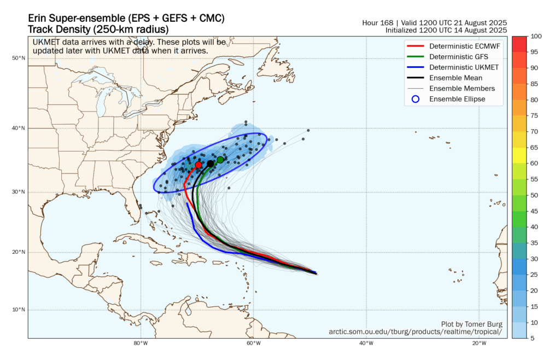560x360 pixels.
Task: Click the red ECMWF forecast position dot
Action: pyautogui.click(x=199, y=165)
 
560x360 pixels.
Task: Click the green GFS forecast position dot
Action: pyautogui.click(x=220, y=160)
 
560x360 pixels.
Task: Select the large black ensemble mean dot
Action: pyautogui.click(x=211, y=164)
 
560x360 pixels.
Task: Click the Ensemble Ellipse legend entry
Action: pyautogui.click(x=457, y=99)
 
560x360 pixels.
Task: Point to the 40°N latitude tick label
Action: pyautogui.click(x=19, y=128)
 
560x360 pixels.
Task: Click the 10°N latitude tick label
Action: pyautogui.click(x=19, y=310)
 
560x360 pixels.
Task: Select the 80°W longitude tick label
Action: pyautogui.click(x=141, y=344)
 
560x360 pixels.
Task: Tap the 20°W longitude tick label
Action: pyautogui.click(x=479, y=344)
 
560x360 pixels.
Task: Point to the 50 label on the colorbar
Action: pyautogui.click(x=532, y=195)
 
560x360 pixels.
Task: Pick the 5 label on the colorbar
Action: pyautogui.click(x=530, y=338)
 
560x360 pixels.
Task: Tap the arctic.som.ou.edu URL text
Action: pyautogui.click(x=415, y=332)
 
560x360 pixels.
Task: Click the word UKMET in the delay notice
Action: pyautogui.click(x=46, y=42)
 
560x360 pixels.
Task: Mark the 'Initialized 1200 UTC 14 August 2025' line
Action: pyautogui.click(x=446, y=30)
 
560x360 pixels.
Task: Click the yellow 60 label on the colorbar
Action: pyautogui.click(x=532, y=163)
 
